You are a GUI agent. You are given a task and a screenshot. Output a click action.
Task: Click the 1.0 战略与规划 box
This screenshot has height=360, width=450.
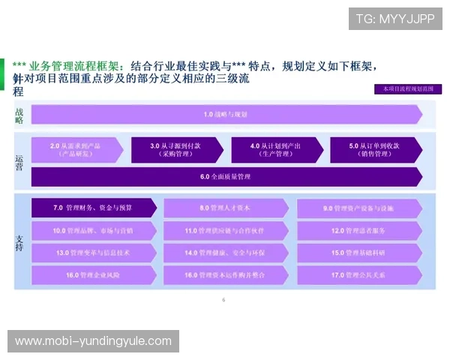pyautogui.click(x=225, y=115)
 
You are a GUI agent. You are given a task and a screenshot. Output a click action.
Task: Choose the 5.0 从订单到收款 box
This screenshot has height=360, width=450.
pyautogui.click(x=375, y=149)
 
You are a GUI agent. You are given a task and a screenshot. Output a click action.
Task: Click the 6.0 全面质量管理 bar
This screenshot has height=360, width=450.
pyautogui.click(x=225, y=177)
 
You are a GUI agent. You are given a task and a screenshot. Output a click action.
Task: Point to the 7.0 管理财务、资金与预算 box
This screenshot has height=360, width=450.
pyautogui.click(x=93, y=208)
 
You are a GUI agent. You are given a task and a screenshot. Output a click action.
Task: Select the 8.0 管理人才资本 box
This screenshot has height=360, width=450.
pyautogui.click(x=225, y=208)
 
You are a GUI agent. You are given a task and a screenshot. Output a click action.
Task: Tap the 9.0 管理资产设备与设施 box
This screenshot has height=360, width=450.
pyautogui.click(x=359, y=208)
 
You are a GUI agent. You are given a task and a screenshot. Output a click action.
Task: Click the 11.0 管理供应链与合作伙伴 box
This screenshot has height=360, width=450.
pyautogui.click(x=225, y=230)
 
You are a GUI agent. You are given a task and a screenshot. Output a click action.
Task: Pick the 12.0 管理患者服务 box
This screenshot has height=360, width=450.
pyautogui.click(x=359, y=230)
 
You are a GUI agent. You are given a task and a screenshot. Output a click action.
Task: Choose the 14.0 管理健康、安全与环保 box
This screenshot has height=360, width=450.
pyautogui.click(x=225, y=253)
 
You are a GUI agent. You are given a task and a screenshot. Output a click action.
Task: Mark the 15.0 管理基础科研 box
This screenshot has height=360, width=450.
pyautogui.click(x=359, y=253)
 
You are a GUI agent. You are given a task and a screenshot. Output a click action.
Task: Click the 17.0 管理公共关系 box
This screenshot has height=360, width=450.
pyautogui.click(x=359, y=275)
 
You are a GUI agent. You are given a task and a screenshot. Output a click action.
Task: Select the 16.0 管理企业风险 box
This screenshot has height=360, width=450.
pyautogui.click(x=93, y=275)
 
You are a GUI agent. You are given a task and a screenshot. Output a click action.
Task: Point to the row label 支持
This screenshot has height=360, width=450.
pyautogui.click(x=19, y=241)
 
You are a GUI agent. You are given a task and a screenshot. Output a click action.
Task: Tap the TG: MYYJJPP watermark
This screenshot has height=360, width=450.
pyautogui.click(x=395, y=18)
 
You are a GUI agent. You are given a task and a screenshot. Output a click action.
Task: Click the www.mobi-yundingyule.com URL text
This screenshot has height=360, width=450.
pyautogui.click(x=93, y=341)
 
